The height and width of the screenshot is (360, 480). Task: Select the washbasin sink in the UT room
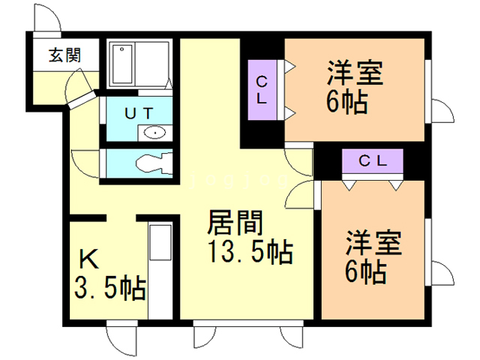pyautogui.click(x=154, y=133)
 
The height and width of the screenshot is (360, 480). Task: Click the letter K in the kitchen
pyautogui.click(x=89, y=259)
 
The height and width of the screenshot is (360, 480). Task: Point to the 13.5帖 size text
pyautogui.click(x=248, y=253)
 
